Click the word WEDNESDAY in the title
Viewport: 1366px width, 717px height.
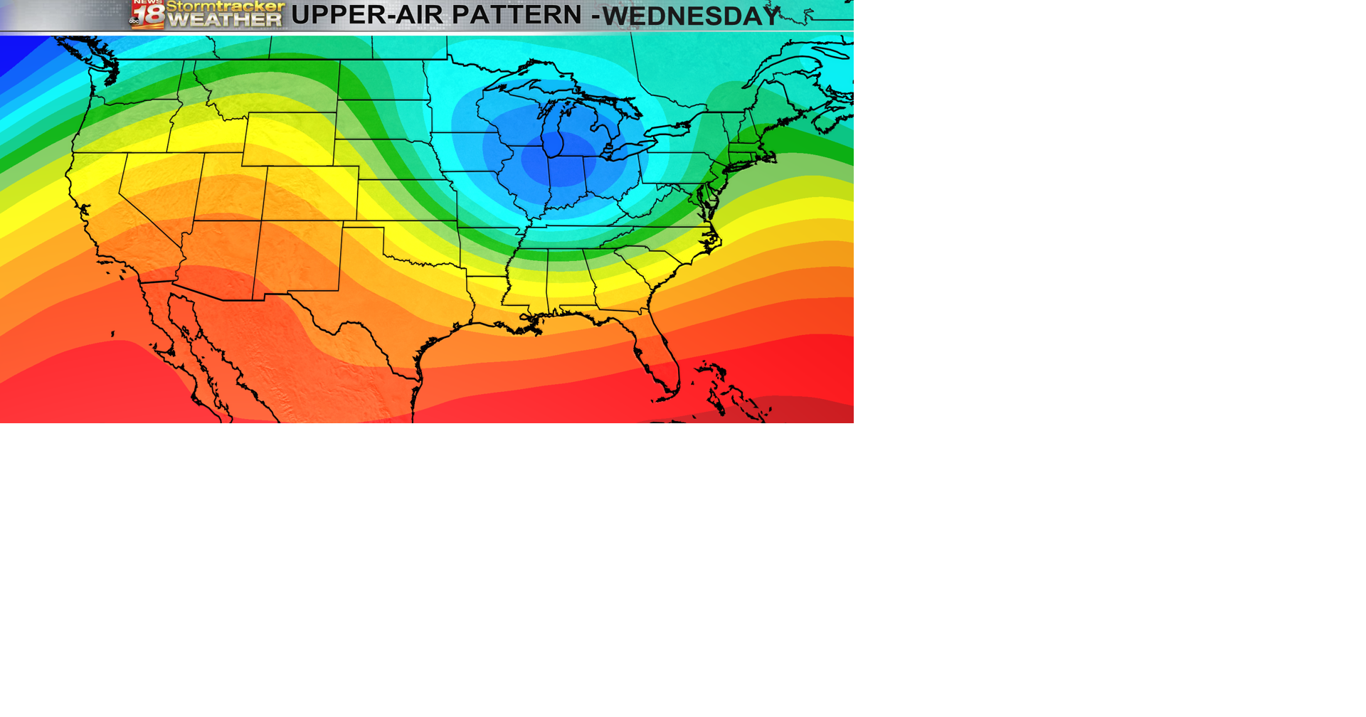692,16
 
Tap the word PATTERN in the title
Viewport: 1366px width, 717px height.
517,15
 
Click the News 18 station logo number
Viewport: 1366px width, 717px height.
148,16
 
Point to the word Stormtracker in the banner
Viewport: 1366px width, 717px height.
225,7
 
